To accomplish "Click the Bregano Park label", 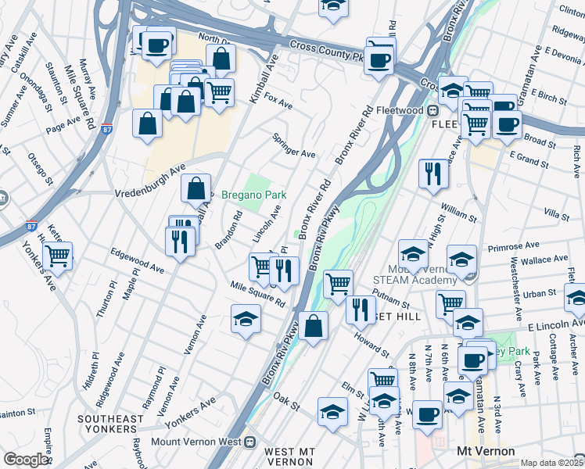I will (x=254, y=195).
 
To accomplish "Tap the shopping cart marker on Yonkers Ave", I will (x=58, y=255).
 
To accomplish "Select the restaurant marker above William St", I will (x=433, y=174).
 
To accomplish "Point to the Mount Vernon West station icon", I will (x=250, y=441).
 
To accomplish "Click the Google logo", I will (x=26, y=460).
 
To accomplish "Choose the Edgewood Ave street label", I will (x=137, y=260).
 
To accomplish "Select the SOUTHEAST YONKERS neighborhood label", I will (x=110, y=424).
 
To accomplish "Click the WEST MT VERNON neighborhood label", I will (x=289, y=456).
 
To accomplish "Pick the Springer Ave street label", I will (x=293, y=144).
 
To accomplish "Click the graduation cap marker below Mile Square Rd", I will (x=245, y=318).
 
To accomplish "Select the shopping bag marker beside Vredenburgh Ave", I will (x=196, y=188).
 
